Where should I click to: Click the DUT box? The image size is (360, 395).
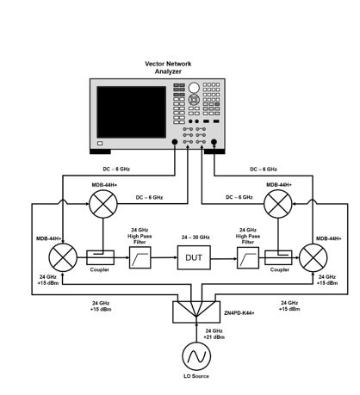194,257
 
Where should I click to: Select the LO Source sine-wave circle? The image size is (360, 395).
196,356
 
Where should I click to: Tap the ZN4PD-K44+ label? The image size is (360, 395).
239,312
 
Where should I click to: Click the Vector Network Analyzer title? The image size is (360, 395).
168,68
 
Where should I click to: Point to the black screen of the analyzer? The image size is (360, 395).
132,112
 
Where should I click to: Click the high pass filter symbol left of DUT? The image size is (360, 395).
140,257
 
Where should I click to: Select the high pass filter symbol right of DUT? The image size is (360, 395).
248,257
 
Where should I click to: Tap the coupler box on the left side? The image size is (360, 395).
100,257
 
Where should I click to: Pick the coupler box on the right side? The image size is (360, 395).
278,257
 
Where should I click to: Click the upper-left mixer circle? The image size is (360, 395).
103,204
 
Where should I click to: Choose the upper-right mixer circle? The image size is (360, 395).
278,204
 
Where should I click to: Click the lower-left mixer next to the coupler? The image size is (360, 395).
63,257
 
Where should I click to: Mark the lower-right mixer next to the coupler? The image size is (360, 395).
313,257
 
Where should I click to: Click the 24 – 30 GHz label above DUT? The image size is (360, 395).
196,238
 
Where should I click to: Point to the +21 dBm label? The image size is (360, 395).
214,337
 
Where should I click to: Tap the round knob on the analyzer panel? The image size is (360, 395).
194,88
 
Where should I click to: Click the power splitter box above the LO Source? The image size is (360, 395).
196,312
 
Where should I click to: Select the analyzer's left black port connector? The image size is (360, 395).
174,142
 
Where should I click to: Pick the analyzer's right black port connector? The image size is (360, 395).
214,142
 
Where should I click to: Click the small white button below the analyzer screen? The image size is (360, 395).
100,143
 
